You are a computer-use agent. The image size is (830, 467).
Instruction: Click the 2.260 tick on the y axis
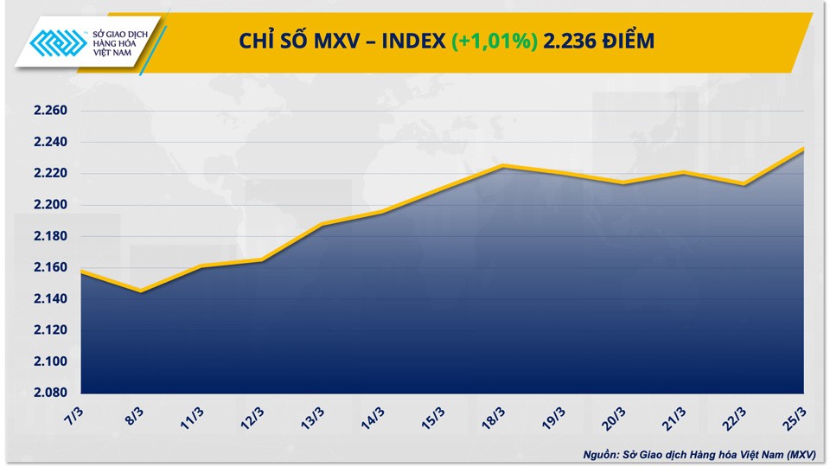pyautogui.click(x=49, y=111)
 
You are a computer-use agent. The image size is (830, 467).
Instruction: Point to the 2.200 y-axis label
pyautogui.click(x=49, y=205)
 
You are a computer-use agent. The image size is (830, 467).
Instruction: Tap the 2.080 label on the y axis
pyautogui.click(x=49, y=393)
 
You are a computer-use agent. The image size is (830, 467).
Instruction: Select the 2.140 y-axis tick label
pyautogui.click(x=49, y=299)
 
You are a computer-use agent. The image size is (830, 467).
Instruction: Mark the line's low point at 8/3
pyautogui.click(x=141, y=291)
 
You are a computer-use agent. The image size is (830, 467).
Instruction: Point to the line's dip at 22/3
pyautogui.click(x=744, y=183)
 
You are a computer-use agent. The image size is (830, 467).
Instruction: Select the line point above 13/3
pyautogui.click(x=322, y=224)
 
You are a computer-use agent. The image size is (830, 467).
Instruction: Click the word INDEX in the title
pyautogui.click(x=412, y=41)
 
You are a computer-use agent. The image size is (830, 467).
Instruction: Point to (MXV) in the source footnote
pyautogui.click(x=799, y=453)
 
